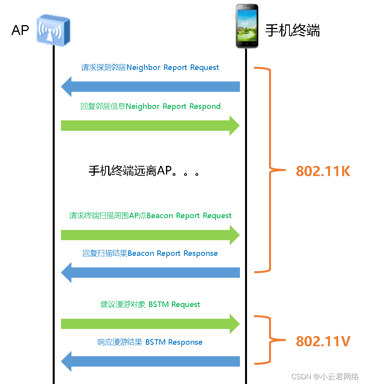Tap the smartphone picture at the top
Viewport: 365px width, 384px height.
point(247,26)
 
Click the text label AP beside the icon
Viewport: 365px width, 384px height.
point(20,30)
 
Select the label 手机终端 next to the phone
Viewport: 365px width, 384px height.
point(293,30)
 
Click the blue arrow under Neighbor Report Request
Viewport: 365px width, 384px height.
point(150,87)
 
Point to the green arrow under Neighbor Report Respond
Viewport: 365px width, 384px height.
point(150,126)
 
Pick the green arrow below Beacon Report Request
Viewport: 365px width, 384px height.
point(150,235)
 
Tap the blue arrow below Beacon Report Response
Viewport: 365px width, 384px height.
point(150,273)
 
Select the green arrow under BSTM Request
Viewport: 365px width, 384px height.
point(150,324)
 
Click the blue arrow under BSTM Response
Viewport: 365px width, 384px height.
point(150,362)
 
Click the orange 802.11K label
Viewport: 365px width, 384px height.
point(323,171)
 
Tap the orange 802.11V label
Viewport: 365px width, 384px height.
point(323,341)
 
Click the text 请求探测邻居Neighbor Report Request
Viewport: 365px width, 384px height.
point(150,68)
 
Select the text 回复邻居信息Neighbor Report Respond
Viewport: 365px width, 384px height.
point(150,107)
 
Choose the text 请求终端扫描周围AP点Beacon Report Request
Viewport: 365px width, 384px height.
point(150,216)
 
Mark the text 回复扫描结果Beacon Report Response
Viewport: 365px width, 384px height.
point(150,254)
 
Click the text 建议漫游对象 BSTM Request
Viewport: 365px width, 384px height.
point(150,305)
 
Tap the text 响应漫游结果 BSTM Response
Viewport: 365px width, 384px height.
point(150,342)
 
